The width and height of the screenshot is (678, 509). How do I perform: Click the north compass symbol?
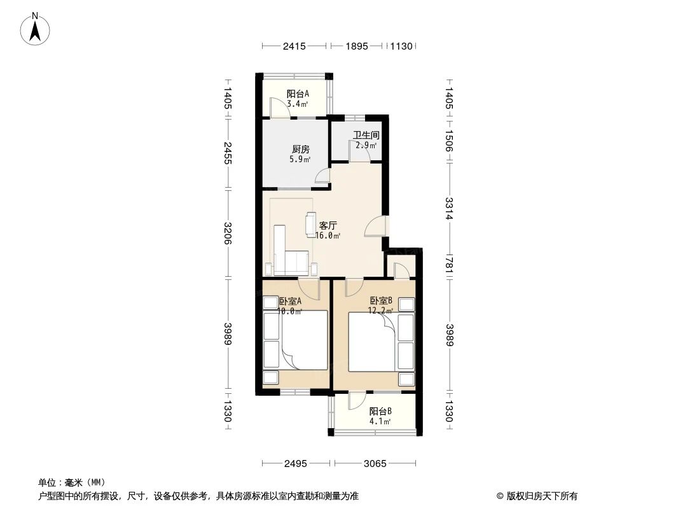[35, 29]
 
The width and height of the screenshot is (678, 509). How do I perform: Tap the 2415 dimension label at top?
[294, 46]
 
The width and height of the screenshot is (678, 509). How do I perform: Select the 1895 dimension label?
[357, 46]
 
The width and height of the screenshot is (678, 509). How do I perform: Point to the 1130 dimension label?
[402, 46]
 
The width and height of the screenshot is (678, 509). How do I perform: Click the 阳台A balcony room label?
[298, 94]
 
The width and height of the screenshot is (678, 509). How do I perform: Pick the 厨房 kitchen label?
[300, 149]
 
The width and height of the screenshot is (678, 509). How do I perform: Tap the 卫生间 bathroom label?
[366, 136]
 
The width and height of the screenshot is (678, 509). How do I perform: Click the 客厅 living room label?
[328, 225]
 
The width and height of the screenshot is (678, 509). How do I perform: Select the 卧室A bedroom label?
[290, 301]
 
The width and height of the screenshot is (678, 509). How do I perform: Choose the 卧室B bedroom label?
[381, 300]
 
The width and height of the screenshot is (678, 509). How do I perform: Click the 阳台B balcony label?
[380, 411]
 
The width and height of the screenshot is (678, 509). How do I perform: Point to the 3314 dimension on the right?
[448, 209]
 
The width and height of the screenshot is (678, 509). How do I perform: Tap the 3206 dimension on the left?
[228, 233]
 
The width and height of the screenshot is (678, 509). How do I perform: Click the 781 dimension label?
[448, 265]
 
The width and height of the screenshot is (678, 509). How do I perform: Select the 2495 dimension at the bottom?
[295, 464]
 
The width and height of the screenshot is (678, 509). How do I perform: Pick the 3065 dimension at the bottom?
[375, 464]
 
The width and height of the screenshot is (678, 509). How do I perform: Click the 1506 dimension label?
[448, 141]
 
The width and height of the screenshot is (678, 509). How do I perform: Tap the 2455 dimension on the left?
[228, 153]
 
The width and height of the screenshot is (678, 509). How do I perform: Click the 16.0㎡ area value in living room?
[328, 235]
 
